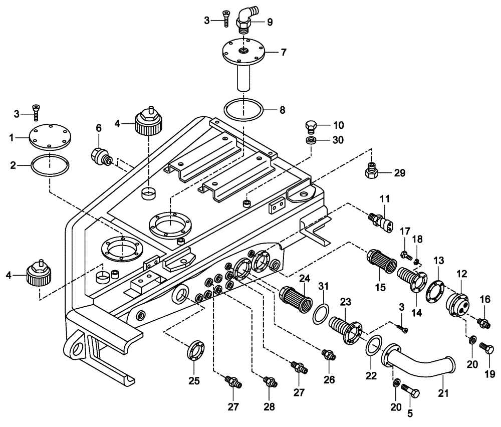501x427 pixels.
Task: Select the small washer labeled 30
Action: (x=311, y=139)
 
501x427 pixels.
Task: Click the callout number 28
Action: (x=270, y=406)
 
